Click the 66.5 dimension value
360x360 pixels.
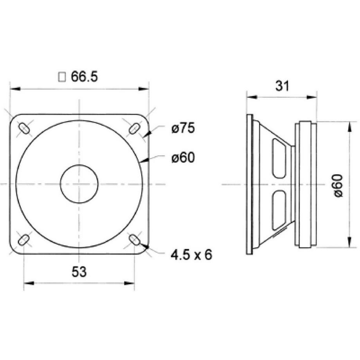point(84,77)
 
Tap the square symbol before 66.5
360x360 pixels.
point(62,77)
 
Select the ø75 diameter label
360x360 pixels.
point(183,128)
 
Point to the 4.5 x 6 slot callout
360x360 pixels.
point(191,255)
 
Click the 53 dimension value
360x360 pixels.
point(79,272)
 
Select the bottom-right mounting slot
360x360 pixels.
point(134,239)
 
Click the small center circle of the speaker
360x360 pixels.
point(79,184)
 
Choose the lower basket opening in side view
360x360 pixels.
point(279,210)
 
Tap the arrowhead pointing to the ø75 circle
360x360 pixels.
point(146,135)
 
